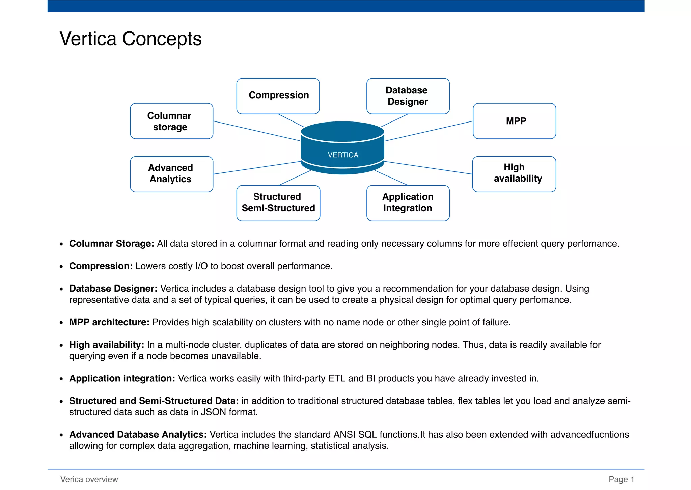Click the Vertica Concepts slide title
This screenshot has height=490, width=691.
pos(131,39)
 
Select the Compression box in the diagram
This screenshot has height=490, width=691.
pos(278,96)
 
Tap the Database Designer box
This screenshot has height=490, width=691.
pos(408,96)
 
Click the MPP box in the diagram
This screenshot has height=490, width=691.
pos(514,121)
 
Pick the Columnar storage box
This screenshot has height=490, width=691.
pos(171,121)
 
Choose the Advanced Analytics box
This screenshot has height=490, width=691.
pos(171,174)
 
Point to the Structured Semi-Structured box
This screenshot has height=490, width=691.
pos(278,203)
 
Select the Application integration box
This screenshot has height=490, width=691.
pos(408,203)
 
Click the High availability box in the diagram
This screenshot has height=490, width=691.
pos(514,174)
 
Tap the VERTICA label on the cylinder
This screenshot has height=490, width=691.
pos(343,155)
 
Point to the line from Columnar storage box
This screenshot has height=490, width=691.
pos(256,131)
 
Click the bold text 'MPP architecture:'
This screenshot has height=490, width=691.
pos(109,322)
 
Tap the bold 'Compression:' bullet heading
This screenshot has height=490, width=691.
pos(101,266)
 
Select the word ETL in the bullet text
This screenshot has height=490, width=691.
pos(337,379)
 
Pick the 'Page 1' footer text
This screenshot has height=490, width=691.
pos(621,479)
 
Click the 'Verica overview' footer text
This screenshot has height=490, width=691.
pos(89,479)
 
